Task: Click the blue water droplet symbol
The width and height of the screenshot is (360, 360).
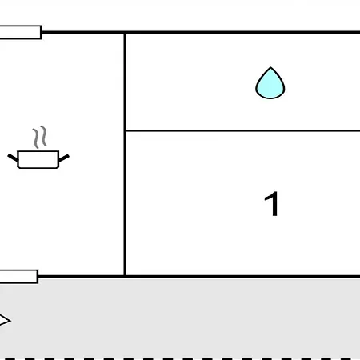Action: (x=270, y=84)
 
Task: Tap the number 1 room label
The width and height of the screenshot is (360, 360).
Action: (x=272, y=204)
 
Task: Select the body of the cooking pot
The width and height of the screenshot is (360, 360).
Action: (x=38, y=159)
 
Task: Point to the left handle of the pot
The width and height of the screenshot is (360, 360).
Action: (x=13, y=158)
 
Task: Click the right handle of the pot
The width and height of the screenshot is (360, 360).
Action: (x=64, y=158)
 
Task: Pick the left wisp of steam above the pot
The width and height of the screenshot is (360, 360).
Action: (x=36, y=138)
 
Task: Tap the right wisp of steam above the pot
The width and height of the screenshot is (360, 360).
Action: (x=44, y=136)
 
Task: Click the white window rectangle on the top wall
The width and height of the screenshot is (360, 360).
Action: (x=21, y=32)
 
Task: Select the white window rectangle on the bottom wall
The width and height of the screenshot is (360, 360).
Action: (x=19, y=277)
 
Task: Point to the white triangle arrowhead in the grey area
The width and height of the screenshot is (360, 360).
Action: (x=5, y=320)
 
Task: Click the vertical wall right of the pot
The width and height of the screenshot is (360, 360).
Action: (x=125, y=154)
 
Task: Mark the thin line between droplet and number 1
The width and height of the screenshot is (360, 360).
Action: (x=243, y=130)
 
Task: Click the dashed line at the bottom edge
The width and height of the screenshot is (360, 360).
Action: (x=180, y=359)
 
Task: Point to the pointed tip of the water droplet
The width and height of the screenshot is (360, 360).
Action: (x=270, y=67)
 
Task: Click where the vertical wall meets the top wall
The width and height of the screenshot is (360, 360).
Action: (x=125, y=32)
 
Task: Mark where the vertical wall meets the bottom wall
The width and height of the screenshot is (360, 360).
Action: (x=125, y=277)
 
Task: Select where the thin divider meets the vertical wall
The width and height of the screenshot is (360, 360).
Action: (x=125, y=130)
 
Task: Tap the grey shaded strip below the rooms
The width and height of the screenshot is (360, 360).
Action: (x=180, y=318)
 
